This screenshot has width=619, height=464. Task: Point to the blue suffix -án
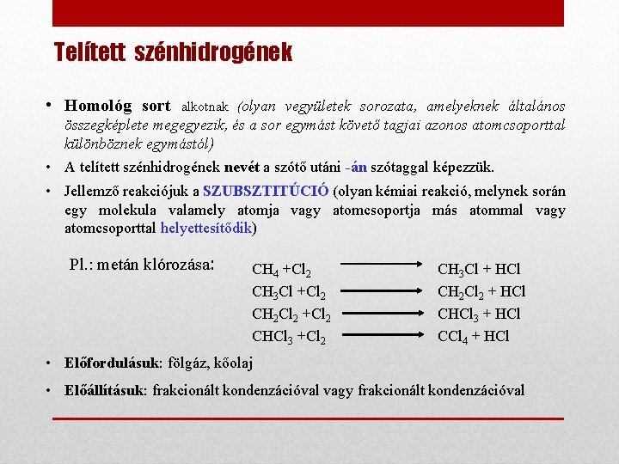[359, 167]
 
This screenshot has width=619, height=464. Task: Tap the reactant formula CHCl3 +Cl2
[288, 337]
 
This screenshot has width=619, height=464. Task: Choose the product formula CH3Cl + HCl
[479, 270]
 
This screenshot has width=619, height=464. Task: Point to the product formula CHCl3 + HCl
[479, 314]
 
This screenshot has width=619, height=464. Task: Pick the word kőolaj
[230, 363]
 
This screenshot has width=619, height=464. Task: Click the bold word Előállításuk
[106, 390]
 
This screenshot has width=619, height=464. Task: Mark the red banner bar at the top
[308, 13]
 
